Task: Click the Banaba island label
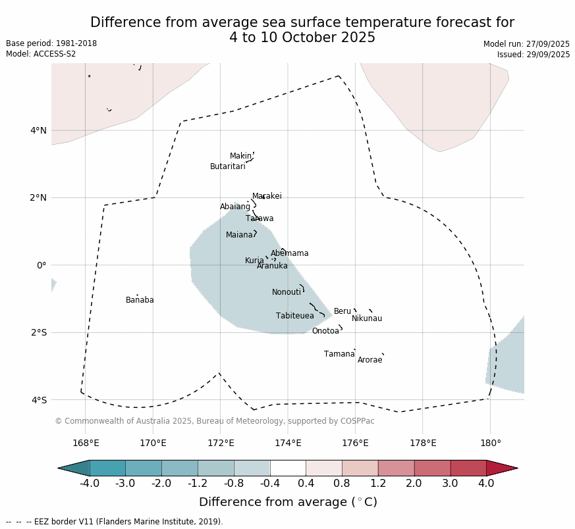(x=140, y=301)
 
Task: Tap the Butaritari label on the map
(x=227, y=167)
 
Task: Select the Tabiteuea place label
(x=294, y=316)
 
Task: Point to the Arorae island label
(x=370, y=361)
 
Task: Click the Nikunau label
(x=366, y=319)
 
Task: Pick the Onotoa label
(x=325, y=332)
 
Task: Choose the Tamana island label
(x=339, y=355)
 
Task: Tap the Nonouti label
(x=286, y=293)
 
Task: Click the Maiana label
(x=239, y=236)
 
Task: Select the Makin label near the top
(x=240, y=157)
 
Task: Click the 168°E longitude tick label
(x=86, y=443)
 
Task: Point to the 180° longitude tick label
(x=490, y=443)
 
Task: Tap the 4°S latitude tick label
(x=38, y=400)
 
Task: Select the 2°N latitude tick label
(x=38, y=198)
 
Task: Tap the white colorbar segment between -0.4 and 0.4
(x=288, y=468)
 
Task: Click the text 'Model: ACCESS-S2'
(x=41, y=54)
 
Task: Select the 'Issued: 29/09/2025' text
(x=534, y=55)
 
